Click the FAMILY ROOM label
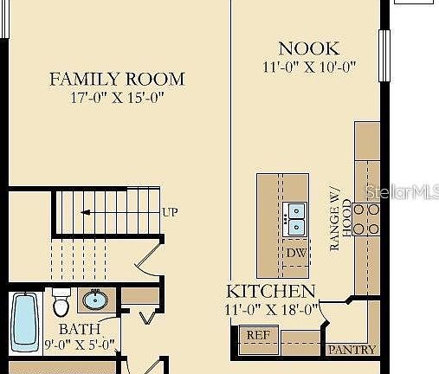pos(117,79)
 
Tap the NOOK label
pos(309,48)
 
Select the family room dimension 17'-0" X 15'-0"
pos(117,98)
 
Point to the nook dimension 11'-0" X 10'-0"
pos(309,67)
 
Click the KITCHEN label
pos(270,291)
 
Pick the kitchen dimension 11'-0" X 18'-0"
pos(271,310)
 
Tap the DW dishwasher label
pos(296,253)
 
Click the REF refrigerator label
pos(258,335)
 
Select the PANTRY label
pos(352,350)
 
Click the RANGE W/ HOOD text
pos(340,219)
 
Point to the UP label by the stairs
pos(170,212)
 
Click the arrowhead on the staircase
pos(85,213)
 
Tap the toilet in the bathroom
pos(61,302)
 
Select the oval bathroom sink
pos(95,300)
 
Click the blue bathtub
pos(25,323)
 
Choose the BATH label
pos(80,329)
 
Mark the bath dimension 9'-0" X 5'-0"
pos(80,345)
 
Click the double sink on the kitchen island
pos(295,219)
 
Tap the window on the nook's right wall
pos(384,55)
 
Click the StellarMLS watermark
pos(402,191)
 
